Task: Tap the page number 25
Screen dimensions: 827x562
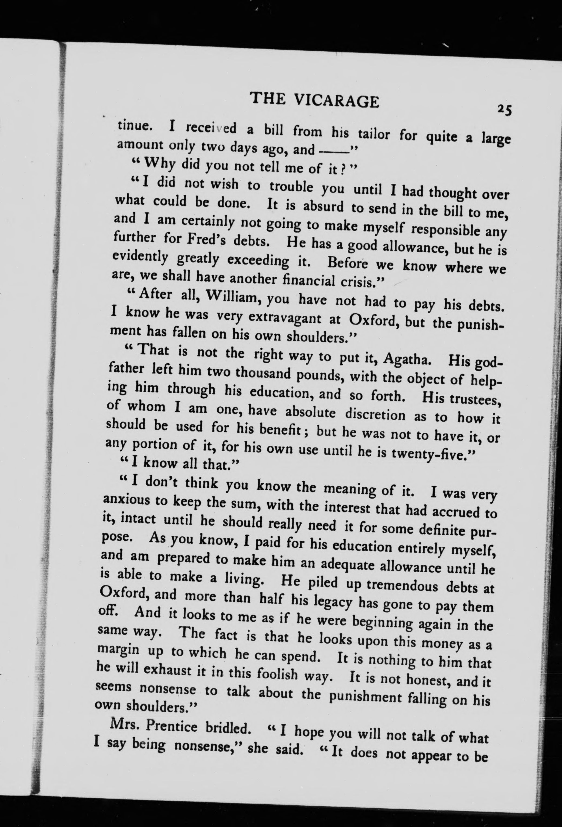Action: [x=504, y=109]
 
